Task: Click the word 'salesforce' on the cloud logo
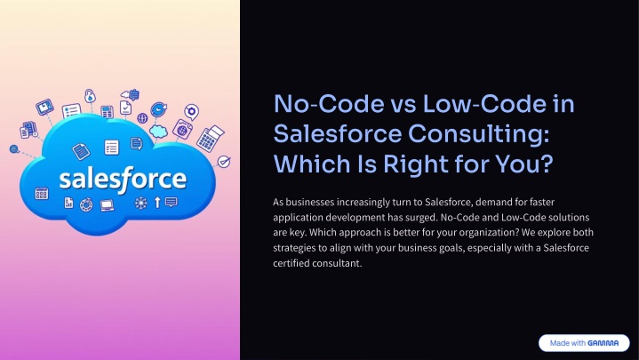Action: (x=123, y=179)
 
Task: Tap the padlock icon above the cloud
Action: (x=90, y=96)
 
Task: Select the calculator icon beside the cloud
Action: (x=211, y=138)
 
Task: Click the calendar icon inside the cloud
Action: (x=41, y=193)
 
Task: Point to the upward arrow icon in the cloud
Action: (x=157, y=202)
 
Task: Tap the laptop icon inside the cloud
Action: (x=108, y=204)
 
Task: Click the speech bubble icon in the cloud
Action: (x=172, y=202)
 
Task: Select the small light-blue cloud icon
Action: (x=158, y=132)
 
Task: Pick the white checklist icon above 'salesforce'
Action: (x=111, y=148)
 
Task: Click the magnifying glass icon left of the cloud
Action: (x=14, y=149)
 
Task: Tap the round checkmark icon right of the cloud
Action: (x=223, y=162)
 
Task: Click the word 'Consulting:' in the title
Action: (x=478, y=134)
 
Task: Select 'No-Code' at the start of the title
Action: (x=329, y=104)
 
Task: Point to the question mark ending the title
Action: (x=547, y=164)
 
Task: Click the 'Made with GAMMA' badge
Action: (x=584, y=343)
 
